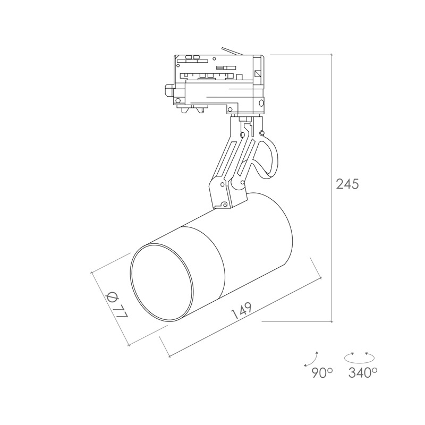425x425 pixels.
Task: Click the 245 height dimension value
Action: (x=347, y=184)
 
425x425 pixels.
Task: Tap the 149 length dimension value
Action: (x=242, y=310)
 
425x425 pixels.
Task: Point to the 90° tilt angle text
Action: (x=322, y=373)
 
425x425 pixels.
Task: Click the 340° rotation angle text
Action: (x=363, y=373)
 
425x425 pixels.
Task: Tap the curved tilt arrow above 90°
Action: (x=311, y=360)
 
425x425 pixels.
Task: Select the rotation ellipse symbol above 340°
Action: (x=359, y=358)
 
